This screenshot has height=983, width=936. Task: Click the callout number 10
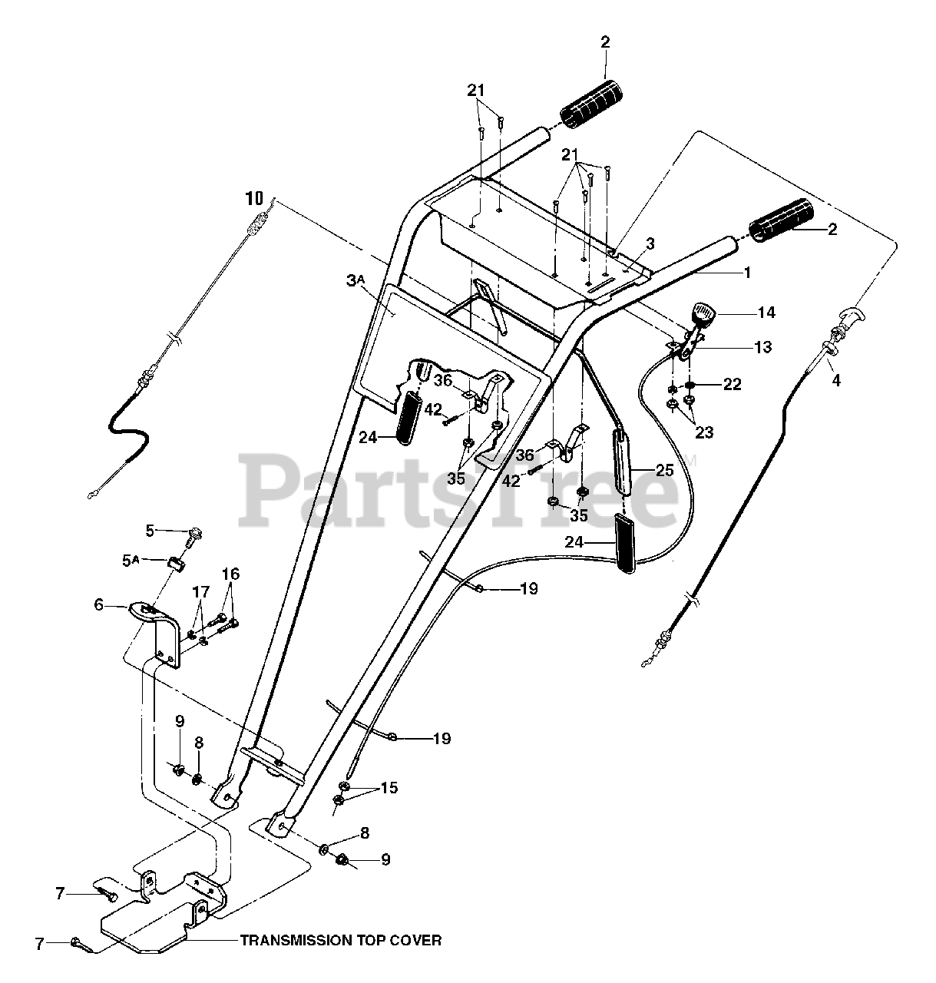[x=253, y=198]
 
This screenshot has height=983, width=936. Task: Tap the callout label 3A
[x=356, y=282]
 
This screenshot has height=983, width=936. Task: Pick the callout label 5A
[x=132, y=561]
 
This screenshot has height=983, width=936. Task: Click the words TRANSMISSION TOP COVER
[x=341, y=940]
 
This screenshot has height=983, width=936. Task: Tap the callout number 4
[x=835, y=379]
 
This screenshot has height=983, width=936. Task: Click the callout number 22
[x=732, y=384]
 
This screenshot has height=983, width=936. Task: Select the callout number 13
[x=762, y=346]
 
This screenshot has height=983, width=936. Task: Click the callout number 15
[x=389, y=788]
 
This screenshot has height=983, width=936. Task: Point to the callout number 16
[x=230, y=574]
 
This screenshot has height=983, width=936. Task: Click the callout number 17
[x=200, y=591]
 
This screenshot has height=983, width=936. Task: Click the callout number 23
[x=704, y=432]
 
